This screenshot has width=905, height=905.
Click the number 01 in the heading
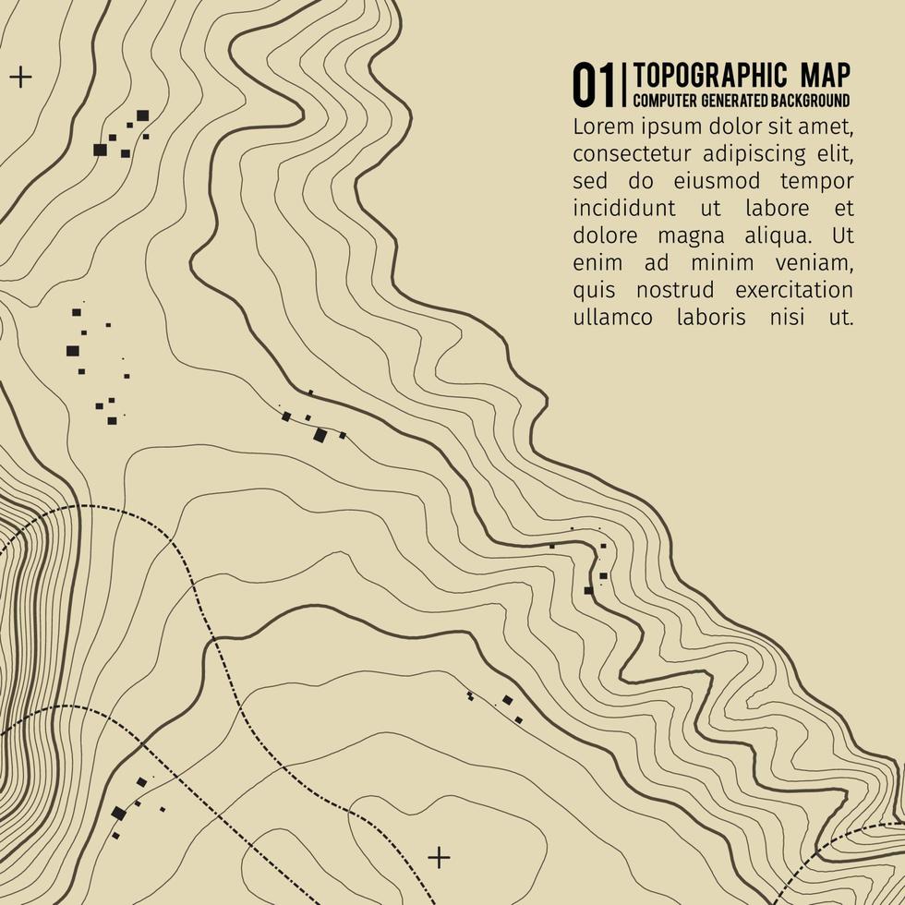[595, 85]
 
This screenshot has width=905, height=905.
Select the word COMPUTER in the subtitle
[665, 100]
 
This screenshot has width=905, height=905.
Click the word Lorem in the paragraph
[598, 125]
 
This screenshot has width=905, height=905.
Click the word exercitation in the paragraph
[794, 291]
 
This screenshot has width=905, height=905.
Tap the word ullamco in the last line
[610, 318]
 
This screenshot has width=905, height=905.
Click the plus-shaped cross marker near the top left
[20, 76]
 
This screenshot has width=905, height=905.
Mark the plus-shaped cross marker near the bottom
[440, 858]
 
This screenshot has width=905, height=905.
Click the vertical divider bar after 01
[626, 85]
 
